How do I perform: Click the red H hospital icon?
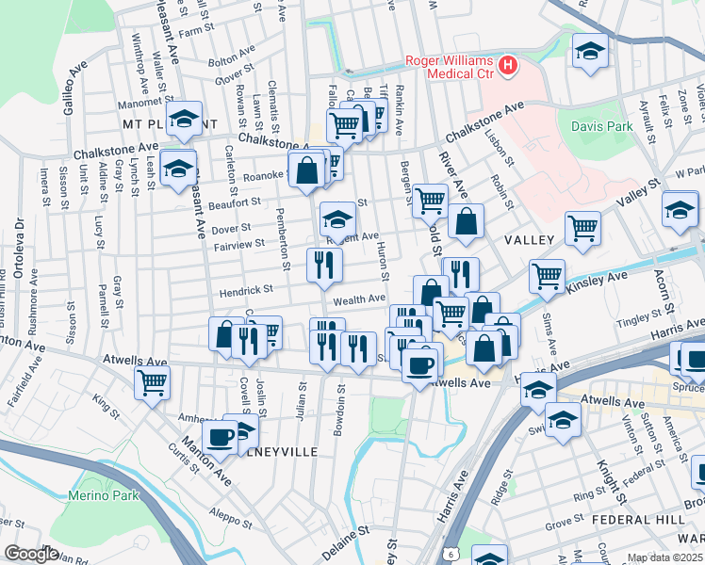click(508, 66)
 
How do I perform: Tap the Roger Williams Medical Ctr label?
click(450, 68)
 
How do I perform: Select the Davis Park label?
click(601, 125)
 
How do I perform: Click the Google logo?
click(30, 554)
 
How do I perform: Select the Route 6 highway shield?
click(452, 553)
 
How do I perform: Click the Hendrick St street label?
click(246, 291)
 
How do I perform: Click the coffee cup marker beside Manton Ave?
click(220, 435)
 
